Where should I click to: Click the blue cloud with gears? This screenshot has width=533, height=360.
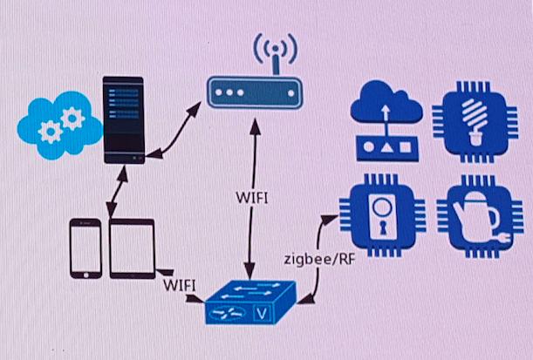coord(57,125)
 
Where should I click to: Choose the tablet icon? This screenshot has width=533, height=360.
coord(133,248)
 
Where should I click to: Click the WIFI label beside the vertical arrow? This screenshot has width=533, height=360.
coord(252,196)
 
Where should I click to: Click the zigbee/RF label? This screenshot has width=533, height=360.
coord(319,260)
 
